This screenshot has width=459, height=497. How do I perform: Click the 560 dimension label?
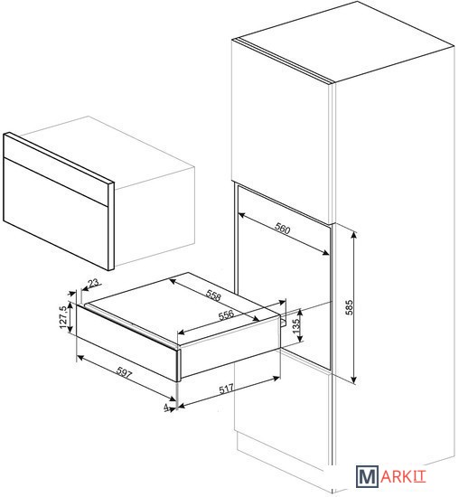click(x=282, y=229)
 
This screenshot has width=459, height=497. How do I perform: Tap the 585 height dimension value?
click(x=349, y=307)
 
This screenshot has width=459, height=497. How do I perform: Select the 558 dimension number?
click(x=213, y=295)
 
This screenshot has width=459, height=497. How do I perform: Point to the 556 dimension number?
click(x=226, y=314)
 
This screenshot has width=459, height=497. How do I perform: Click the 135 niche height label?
click(x=296, y=326)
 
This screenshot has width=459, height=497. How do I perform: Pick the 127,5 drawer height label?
click(x=63, y=317)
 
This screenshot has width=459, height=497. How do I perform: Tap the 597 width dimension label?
click(x=124, y=372)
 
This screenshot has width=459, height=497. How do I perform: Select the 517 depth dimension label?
click(x=226, y=389)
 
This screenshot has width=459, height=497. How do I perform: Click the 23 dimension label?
click(x=93, y=282)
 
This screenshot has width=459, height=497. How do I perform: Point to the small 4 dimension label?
click(x=166, y=408)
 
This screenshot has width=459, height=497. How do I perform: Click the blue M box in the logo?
click(x=367, y=476)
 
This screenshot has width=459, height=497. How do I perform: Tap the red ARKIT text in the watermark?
click(x=403, y=476)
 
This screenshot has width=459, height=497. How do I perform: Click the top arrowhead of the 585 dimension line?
click(x=354, y=234)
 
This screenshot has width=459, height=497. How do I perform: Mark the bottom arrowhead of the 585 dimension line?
click(x=354, y=380)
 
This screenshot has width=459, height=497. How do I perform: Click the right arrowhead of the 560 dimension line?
click(x=326, y=252)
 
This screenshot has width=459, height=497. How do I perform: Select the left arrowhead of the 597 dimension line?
click(x=80, y=358)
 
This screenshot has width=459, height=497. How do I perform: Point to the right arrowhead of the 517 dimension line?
click(x=276, y=378)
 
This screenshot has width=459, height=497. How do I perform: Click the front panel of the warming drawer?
click(x=126, y=342)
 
